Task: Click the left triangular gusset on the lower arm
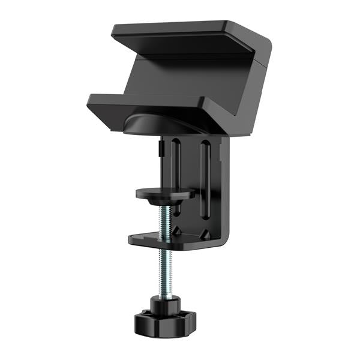point(178,230)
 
